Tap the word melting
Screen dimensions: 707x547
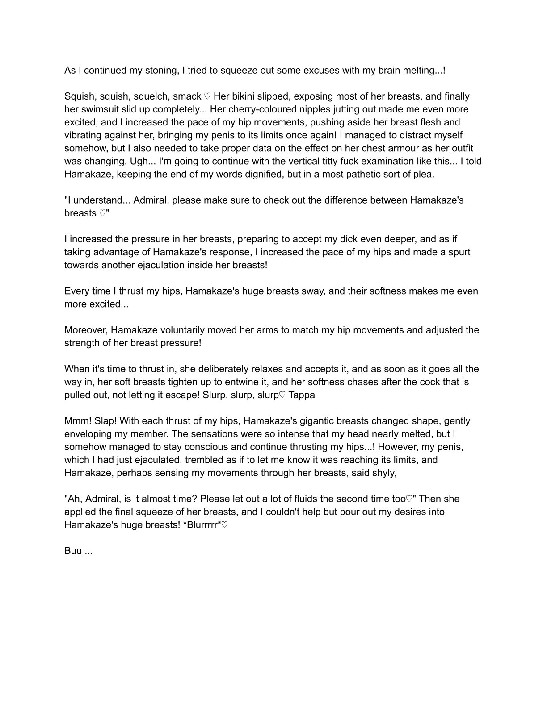[x=418, y=70]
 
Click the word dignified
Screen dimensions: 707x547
[x=260, y=174]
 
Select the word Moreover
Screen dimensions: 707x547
[x=86, y=330]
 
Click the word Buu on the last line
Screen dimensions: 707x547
[x=73, y=551]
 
